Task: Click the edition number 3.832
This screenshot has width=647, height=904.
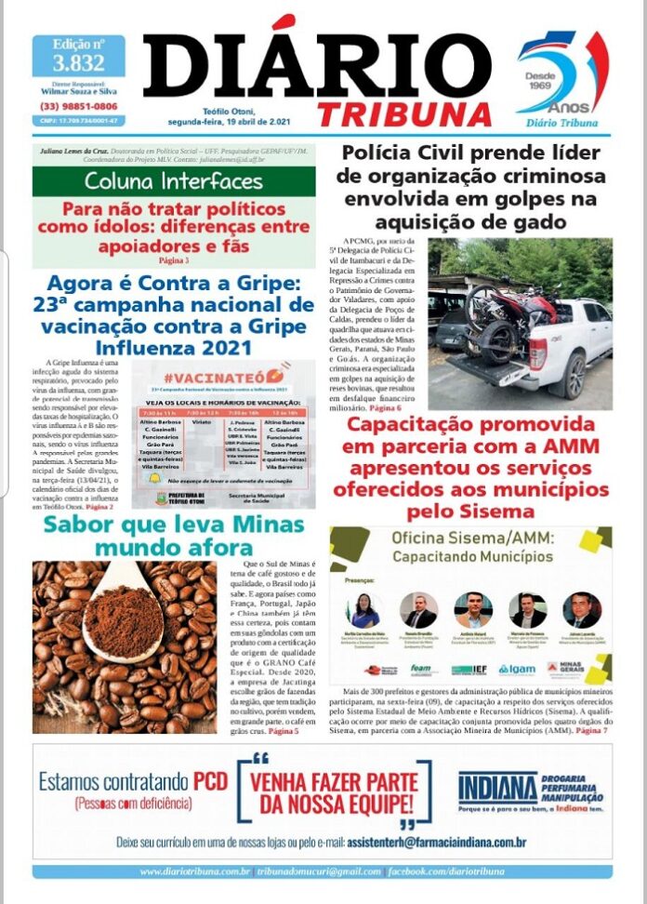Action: pyautogui.click(x=78, y=63)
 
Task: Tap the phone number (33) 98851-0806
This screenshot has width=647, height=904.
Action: pyautogui.click(x=78, y=106)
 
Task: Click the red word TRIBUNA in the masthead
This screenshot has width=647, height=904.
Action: pyautogui.click(x=403, y=113)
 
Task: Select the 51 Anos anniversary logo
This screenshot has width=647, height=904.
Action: pyautogui.click(x=561, y=79)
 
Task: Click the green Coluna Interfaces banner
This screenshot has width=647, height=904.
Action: pyautogui.click(x=174, y=180)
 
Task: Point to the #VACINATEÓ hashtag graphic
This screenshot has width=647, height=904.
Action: pyautogui.click(x=226, y=376)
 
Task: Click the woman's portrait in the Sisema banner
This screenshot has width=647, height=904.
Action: pyautogui.click(x=363, y=610)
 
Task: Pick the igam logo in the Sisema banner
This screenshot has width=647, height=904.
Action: pyautogui.click(x=516, y=669)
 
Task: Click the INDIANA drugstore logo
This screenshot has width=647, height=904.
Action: pyautogui.click(x=498, y=790)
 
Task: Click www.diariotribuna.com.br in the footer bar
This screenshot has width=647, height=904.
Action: pyautogui.click(x=194, y=871)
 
